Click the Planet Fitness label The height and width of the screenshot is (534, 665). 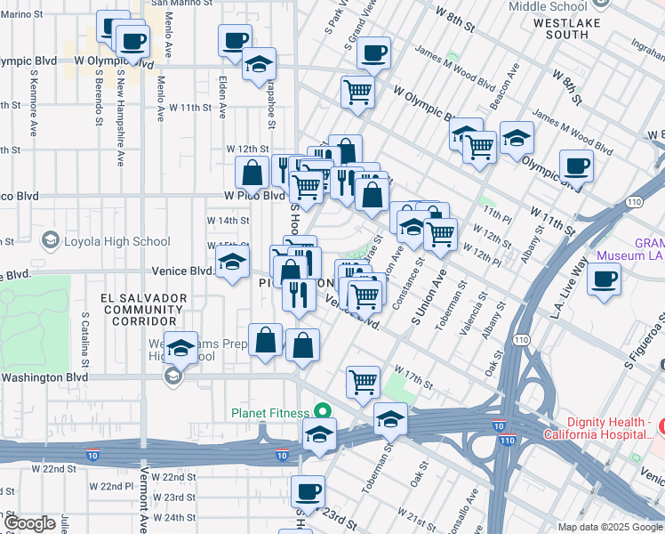click(269, 412)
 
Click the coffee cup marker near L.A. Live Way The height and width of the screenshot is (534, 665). click(604, 279)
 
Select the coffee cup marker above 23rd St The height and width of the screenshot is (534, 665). click(308, 490)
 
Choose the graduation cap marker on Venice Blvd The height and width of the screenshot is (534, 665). click(232, 262)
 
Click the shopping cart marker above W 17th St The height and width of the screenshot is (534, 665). click(363, 381)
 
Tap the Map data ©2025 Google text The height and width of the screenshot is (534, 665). click(610, 527)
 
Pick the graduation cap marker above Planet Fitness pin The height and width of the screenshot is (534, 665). click(390, 417)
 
